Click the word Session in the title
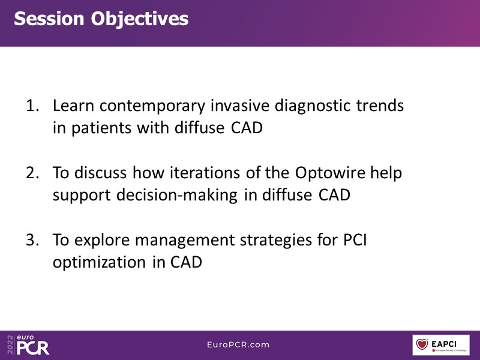[49, 19]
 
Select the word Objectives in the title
[140, 20]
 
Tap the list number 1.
[32, 106]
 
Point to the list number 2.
[32, 173]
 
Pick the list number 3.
[32, 239]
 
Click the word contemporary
[152, 107]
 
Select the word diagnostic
[313, 106]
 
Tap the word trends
[380, 106]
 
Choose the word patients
[101, 128]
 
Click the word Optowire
[330, 173]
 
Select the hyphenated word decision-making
[176, 196]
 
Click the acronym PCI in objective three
[355, 240]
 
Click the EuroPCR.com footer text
[238, 344]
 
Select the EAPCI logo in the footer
[441, 345]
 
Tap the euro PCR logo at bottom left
[32, 345]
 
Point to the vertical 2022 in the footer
[10, 345]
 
